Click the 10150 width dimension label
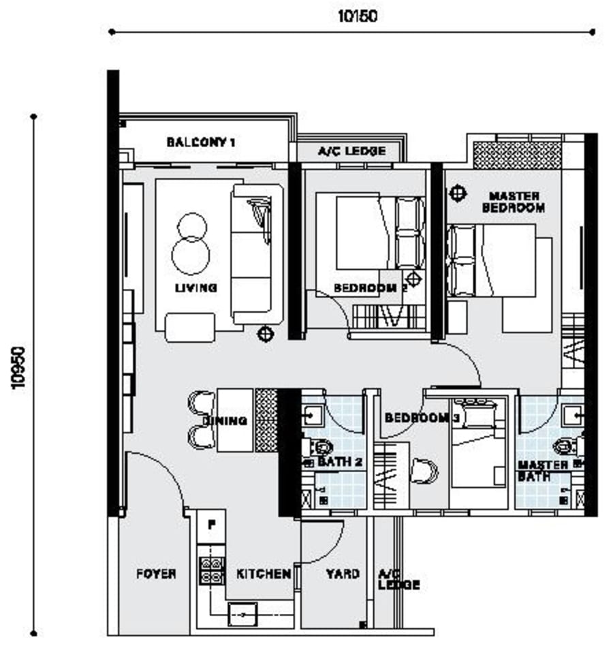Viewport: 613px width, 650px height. [x=358, y=16]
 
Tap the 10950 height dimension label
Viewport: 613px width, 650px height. [x=19, y=368]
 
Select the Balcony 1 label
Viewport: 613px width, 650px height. [x=201, y=142]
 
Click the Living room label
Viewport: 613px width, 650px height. [x=196, y=288]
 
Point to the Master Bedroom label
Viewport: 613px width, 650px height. [x=514, y=202]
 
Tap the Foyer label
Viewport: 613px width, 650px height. [x=156, y=574]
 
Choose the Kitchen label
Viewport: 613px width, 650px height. [x=264, y=574]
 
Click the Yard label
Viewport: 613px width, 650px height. [x=343, y=574]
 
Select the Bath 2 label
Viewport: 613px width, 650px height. [x=340, y=462]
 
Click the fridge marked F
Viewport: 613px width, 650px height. [x=211, y=525]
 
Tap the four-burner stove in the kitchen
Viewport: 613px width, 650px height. [x=212, y=570]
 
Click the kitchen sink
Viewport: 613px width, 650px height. [x=243, y=615]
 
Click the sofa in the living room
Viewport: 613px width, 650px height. [x=257, y=254]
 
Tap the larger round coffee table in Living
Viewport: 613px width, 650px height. [x=191, y=256]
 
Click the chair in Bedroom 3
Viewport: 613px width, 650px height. [x=424, y=471]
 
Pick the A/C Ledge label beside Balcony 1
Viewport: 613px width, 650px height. [x=352, y=151]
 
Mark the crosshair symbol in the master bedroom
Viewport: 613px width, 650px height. [x=458, y=194]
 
